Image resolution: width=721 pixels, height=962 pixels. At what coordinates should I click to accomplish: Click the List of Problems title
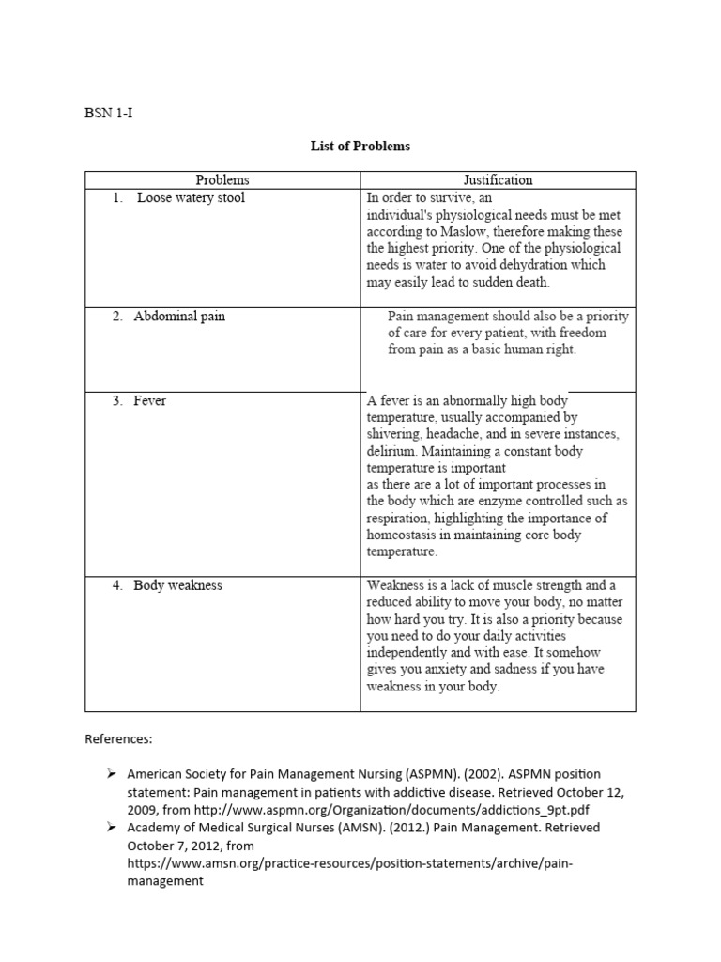click(x=360, y=147)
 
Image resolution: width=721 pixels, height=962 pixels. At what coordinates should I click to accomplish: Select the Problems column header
click(x=222, y=179)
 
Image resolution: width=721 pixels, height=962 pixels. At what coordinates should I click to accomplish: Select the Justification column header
click(x=498, y=179)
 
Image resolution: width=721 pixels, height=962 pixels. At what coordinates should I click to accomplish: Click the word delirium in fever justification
click(x=391, y=451)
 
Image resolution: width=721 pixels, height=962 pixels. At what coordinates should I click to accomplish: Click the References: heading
click(x=118, y=739)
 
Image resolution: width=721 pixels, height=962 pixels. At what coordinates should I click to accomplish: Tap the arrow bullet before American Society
click(x=110, y=773)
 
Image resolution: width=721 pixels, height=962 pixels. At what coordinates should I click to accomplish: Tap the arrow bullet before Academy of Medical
click(x=110, y=827)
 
